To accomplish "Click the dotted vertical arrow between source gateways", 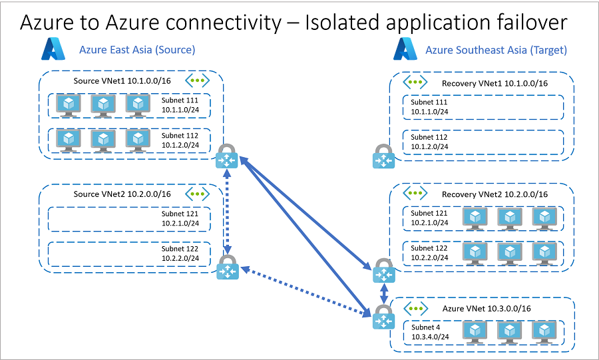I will tap(228, 214).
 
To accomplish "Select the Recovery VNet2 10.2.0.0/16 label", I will tap(495, 194).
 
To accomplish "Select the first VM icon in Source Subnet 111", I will tap(69, 105).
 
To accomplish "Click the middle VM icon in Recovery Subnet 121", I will tap(510, 218).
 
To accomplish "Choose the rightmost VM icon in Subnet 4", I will tap(545, 331).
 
